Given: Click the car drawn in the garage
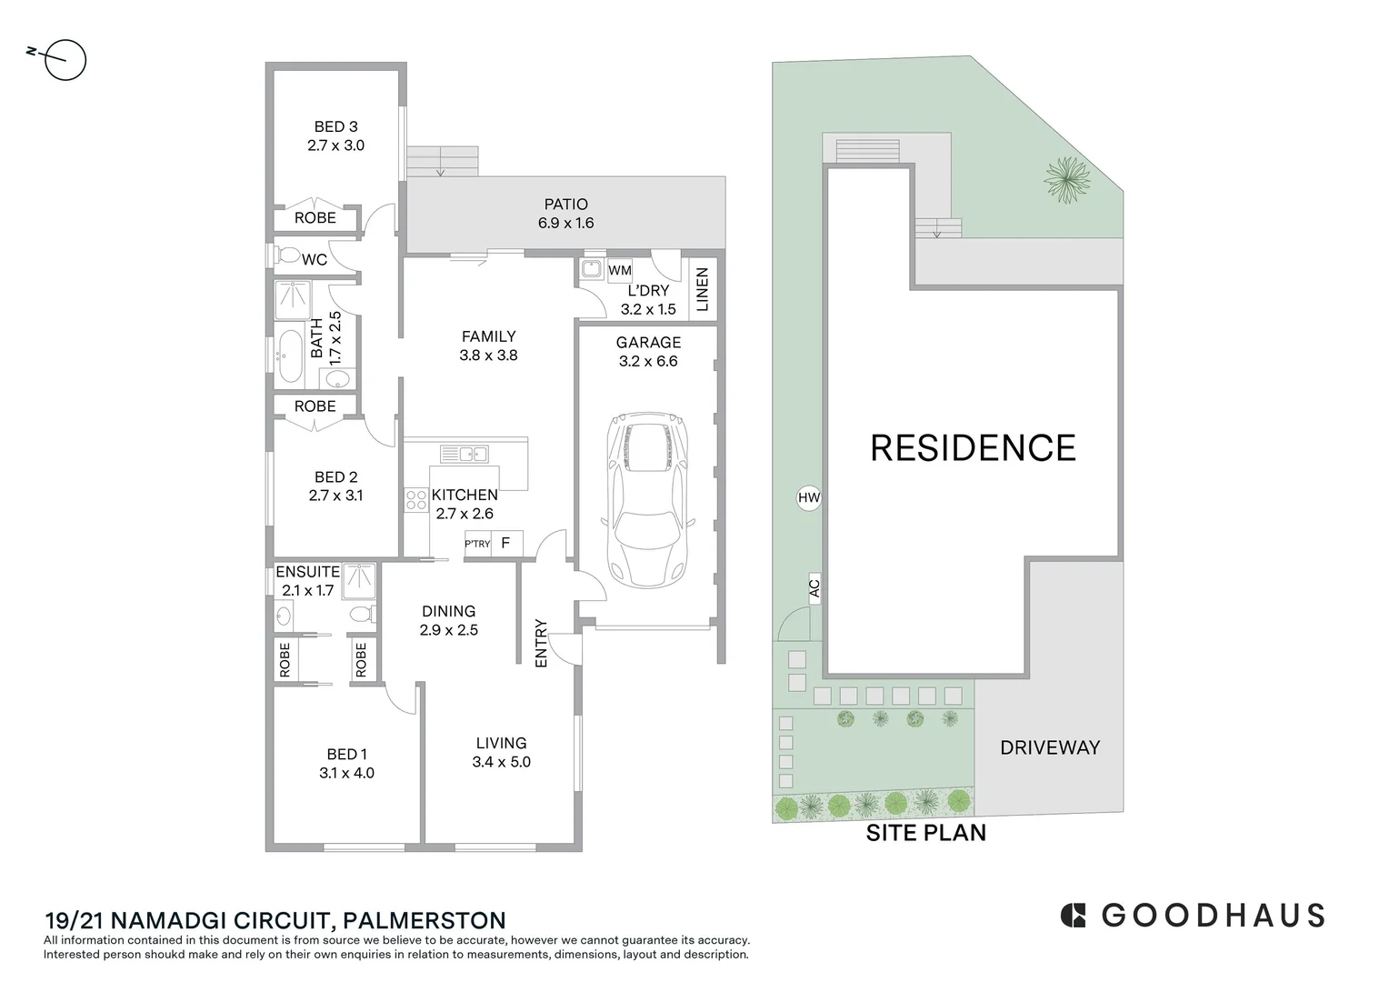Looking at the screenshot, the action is click(x=648, y=499).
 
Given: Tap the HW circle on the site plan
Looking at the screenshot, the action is click(x=809, y=497).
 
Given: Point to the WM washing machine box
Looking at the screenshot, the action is click(x=619, y=270).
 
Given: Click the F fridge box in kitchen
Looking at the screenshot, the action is click(x=506, y=544).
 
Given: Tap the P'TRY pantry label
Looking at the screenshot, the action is click(x=477, y=544).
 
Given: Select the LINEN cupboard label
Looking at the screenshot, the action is click(x=702, y=289).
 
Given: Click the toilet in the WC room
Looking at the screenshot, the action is click(x=286, y=255).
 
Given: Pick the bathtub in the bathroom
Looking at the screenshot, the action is click(x=290, y=356).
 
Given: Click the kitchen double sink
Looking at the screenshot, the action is click(x=464, y=454).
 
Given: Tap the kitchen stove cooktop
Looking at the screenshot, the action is click(x=416, y=501).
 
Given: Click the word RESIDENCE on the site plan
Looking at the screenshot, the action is click(x=973, y=448).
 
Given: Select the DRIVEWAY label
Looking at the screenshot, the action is click(x=1050, y=747).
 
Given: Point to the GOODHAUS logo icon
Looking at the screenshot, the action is click(x=1073, y=916).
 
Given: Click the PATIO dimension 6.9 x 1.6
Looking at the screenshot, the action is click(x=565, y=223).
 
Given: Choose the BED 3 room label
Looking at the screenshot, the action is click(x=335, y=126).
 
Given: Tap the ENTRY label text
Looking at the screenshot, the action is click(x=541, y=643).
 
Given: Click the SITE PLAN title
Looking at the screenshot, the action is click(x=925, y=833).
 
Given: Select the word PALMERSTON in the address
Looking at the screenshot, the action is click(x=425, y=920).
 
